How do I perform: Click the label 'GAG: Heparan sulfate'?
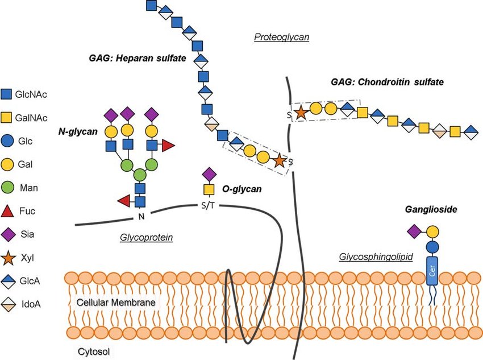click(x=136, y=58)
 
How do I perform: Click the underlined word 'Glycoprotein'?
click(x=147, y=238)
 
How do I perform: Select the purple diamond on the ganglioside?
click(x=414, y=231)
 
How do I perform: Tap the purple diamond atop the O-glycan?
click(x=209, y=173)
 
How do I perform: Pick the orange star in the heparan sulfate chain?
click(x=278, y=160)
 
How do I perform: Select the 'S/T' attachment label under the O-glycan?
click(x=209, y=205)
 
